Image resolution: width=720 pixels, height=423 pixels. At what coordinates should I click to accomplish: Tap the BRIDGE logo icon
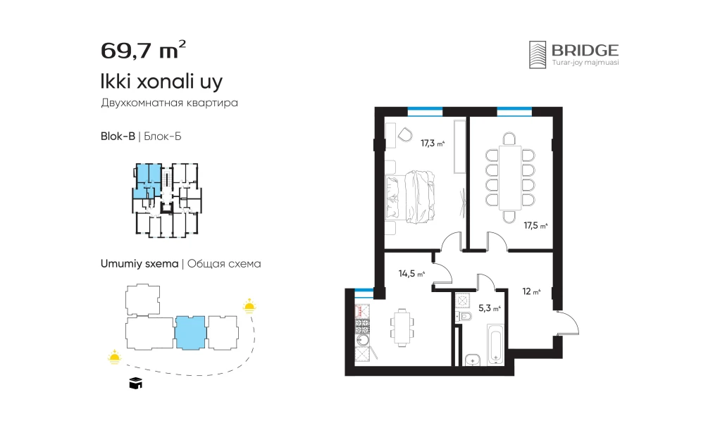538,55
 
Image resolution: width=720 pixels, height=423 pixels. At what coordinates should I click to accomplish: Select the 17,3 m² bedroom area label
433,144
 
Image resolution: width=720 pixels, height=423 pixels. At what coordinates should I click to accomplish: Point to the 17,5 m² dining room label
535,226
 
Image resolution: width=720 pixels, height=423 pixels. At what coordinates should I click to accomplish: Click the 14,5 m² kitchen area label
411,274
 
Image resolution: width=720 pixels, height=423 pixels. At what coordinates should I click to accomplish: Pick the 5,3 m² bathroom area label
489,308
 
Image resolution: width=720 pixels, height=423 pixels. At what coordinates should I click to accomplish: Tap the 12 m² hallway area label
531,291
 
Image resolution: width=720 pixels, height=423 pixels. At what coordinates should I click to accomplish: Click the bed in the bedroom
410,197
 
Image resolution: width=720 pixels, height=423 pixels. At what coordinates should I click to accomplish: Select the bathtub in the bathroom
496,345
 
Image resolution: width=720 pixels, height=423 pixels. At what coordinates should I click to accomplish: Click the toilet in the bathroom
464,316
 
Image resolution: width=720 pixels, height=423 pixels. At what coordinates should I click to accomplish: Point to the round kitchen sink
363,340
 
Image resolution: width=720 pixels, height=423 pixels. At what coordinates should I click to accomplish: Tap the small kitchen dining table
402,327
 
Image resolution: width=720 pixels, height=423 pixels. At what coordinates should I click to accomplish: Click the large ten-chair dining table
509,177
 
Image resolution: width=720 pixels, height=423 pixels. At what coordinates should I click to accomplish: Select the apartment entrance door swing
568,323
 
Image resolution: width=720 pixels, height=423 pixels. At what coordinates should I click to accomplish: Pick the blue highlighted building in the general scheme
190,333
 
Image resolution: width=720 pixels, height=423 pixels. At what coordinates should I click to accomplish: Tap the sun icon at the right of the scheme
249,305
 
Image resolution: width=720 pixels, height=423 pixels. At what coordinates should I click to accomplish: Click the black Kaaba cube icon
135,383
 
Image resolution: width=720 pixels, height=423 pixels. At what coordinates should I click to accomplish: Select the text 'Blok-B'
118,137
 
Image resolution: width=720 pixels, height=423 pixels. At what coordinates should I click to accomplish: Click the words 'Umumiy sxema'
139,264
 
